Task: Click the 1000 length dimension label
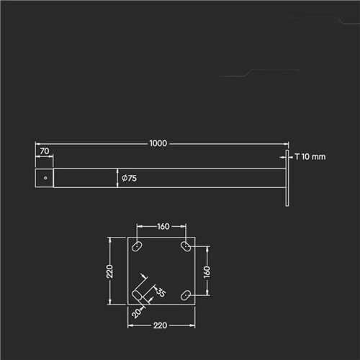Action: pos(158,143)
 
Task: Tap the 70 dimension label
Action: pos(45,151)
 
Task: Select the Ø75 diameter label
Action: pos(129,178)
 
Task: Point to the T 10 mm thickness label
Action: pos(310,157)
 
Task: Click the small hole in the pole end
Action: pos(45,178)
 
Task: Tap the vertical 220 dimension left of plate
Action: pos(109,271)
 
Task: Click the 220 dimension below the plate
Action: pos(160,325)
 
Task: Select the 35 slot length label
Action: pos(161,292)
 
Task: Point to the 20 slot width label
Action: pos(136,312)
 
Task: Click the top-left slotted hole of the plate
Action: pos(137,246)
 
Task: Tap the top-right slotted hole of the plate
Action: pos(186,246)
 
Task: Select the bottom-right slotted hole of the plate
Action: pos(186,295)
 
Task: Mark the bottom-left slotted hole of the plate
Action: pos(138,295)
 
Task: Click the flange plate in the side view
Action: pos(287,178)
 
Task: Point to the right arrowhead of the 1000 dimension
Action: pos(286,144)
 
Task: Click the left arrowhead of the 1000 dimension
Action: pos(38,144)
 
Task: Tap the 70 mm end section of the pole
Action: pos(45,178)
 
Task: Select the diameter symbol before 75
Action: pos(125,178)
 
